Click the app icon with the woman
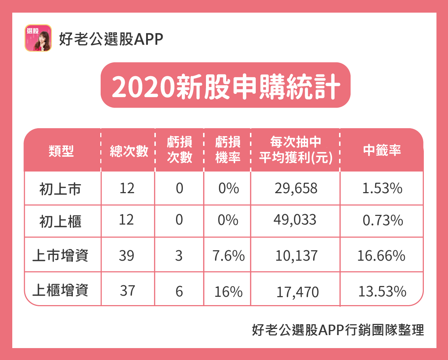tap(38, 38)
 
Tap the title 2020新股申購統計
tap(225, 86)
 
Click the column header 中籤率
tap(382, 150)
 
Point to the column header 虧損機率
tap(228, 150)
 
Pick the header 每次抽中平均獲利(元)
tap(295, 150)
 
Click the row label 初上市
tap(60, 189)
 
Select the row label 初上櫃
tap(60, 221)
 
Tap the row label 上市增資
tap(60, 256)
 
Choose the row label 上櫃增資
tap(60, 290)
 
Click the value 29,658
tap(296, 188)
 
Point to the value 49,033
tap(295, 220)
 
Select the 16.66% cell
tap(381, 256)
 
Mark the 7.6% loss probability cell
tap(228, 256)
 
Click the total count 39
tap(127, 256)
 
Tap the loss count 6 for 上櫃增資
tap(179, 291)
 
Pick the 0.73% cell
tap(382, 221)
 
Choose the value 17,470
tap(298, 292)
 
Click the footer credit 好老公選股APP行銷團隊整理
tap(338, 330)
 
